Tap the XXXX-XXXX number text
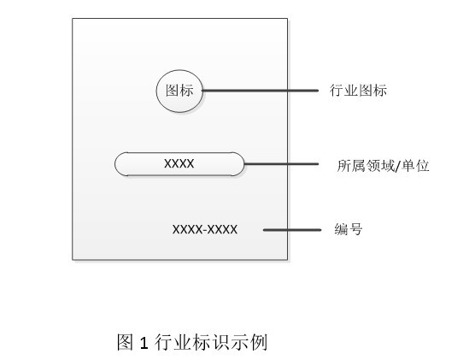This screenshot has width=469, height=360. click(205, 230)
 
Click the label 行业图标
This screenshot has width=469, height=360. click(358, 90)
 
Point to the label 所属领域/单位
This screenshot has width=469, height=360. click(384, 166)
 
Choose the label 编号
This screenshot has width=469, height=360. click(349, 229)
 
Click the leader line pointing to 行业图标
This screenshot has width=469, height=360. click(261, 90)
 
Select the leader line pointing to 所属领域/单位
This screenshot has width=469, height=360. click(281, 164)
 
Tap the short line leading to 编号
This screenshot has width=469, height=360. click(292, 230)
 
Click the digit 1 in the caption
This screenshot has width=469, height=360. click(144, 343)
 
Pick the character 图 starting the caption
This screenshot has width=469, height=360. click(125, 342)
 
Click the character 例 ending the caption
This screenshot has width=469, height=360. click(259, 342)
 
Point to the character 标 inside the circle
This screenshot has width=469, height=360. click(187, 90)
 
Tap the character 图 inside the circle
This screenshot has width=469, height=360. click(173, 90)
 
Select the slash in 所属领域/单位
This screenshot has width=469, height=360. click(398, 166)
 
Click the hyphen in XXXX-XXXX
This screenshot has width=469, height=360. click(205, 230)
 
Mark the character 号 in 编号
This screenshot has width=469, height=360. click(355, 229)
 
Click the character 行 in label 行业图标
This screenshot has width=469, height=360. click(337, 90)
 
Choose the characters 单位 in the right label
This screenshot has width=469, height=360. click(415, 166)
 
